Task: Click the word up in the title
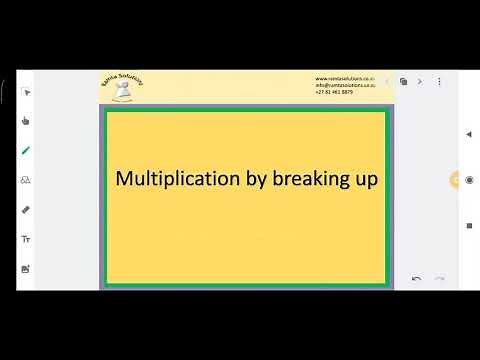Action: point(364,181)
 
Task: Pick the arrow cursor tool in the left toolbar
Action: point(26,92)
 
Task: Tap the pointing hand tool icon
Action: point(26,121)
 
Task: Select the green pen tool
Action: point(26,151)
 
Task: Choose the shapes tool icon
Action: point(26,181)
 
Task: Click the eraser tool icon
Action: point(26,210)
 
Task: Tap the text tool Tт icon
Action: point(26,240)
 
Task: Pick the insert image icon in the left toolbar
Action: point(26,269)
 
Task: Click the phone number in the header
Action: point(334,92)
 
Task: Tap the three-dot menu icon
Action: point(439,81)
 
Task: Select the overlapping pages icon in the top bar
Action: point(403,81)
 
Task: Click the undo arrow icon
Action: point(416,279)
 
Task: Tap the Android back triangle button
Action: point(469,134)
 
